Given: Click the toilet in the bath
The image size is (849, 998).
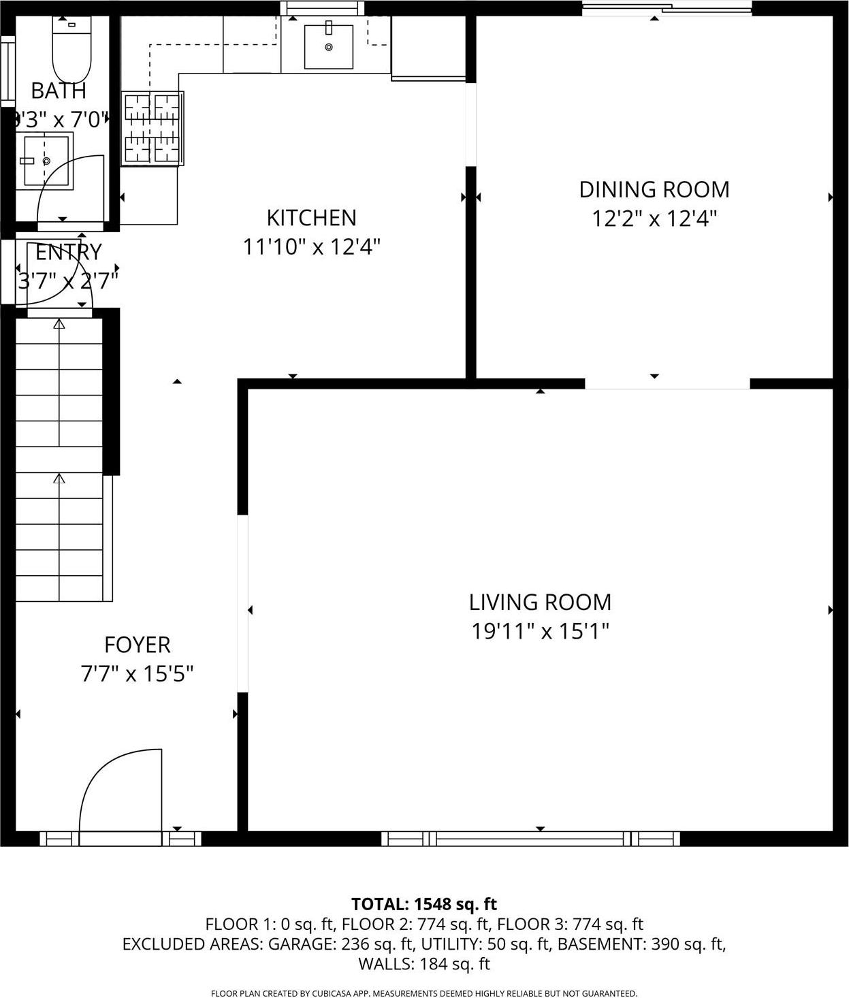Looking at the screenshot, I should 71,50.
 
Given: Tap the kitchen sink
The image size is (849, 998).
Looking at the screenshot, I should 328,46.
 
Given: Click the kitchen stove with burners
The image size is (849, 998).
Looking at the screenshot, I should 153,128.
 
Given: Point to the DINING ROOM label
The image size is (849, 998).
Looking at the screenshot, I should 654,189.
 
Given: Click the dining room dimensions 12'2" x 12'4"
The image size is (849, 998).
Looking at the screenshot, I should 654,219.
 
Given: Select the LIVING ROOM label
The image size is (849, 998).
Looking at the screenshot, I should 540,602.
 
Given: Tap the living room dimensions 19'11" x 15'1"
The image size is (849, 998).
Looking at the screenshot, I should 540,632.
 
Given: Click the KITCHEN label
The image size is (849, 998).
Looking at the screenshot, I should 311,218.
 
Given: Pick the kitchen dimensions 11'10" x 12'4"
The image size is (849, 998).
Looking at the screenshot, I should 311,246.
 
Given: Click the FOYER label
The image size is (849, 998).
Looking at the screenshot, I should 137,644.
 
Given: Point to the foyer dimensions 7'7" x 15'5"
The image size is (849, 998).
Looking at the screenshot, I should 137,674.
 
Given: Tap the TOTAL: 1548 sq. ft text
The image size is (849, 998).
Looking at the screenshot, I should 423,904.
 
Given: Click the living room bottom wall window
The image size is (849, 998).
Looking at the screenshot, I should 530,838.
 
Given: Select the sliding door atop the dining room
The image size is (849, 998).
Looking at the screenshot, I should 667,8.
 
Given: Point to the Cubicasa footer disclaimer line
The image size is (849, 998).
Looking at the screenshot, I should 423,993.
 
